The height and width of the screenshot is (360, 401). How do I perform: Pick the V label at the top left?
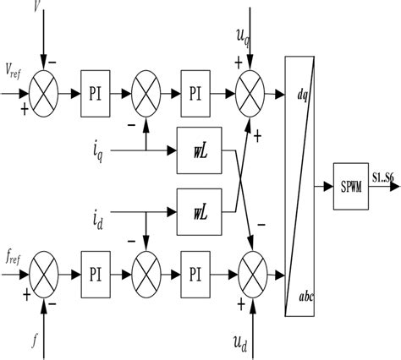click(36, 8)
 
